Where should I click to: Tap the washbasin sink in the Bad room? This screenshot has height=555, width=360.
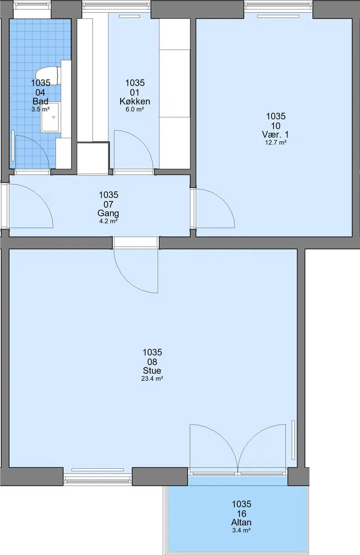[x=50, y=117]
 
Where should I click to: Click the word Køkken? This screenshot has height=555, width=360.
[x=135, y=101]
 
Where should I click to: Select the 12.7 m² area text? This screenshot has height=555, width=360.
[x=276, y=143]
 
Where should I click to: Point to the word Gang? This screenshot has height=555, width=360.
[x=108, y=213]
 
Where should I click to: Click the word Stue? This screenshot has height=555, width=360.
[x=152, y=371]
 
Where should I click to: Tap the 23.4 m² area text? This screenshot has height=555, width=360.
[x=152, y=379]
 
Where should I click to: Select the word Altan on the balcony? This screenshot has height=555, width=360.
[x=241, y=522]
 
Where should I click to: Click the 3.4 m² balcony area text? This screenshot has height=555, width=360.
[x=241, y=530]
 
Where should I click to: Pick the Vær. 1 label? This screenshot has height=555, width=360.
[x=275, y=134]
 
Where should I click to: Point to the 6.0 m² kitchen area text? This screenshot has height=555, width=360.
[x=135, y=109]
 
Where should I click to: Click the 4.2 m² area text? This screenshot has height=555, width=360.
[x=108, y=221]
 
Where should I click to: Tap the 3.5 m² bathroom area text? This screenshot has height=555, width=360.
[x=40, y=109]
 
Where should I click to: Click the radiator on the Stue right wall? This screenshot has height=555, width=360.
[x=293, y=440]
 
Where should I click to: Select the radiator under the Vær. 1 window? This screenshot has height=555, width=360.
[x=278, y=16]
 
